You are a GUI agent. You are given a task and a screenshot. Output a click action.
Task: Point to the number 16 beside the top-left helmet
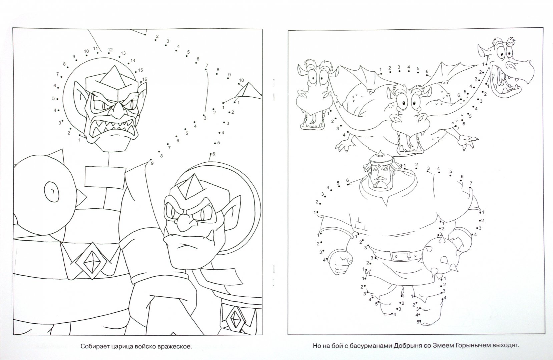pos(144,79)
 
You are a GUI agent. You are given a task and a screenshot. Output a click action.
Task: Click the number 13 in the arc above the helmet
pos(123,53)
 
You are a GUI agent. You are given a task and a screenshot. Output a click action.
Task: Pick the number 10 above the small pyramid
pos(241,80)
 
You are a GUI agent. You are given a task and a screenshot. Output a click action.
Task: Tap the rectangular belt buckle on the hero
pos(400,256)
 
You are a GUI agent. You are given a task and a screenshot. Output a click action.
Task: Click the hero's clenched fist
pos(340,262)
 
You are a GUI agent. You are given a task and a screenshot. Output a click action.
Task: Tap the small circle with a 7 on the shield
pos(52,191)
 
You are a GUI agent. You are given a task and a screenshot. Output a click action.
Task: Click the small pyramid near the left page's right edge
pos(247,90)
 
